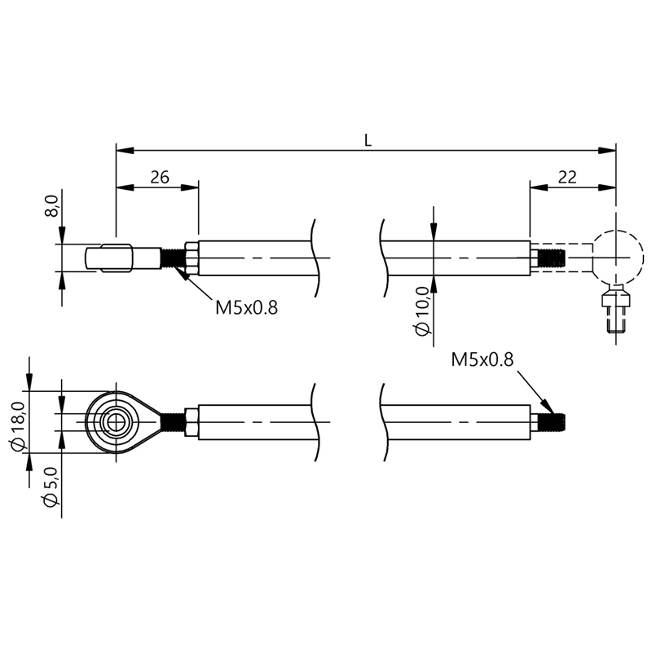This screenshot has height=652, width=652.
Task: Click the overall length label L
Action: coord(368,141)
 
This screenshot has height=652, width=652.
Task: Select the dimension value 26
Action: coord(160,178)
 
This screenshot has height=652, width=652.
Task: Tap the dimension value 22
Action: coord(567,178)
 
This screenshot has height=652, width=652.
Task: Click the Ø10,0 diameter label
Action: coord(422,311)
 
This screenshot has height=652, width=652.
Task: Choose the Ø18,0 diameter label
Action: coord(19,425)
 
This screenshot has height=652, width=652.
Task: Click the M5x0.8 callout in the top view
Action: coord(246,308)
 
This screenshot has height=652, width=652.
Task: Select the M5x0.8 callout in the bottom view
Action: coord(482,359)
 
